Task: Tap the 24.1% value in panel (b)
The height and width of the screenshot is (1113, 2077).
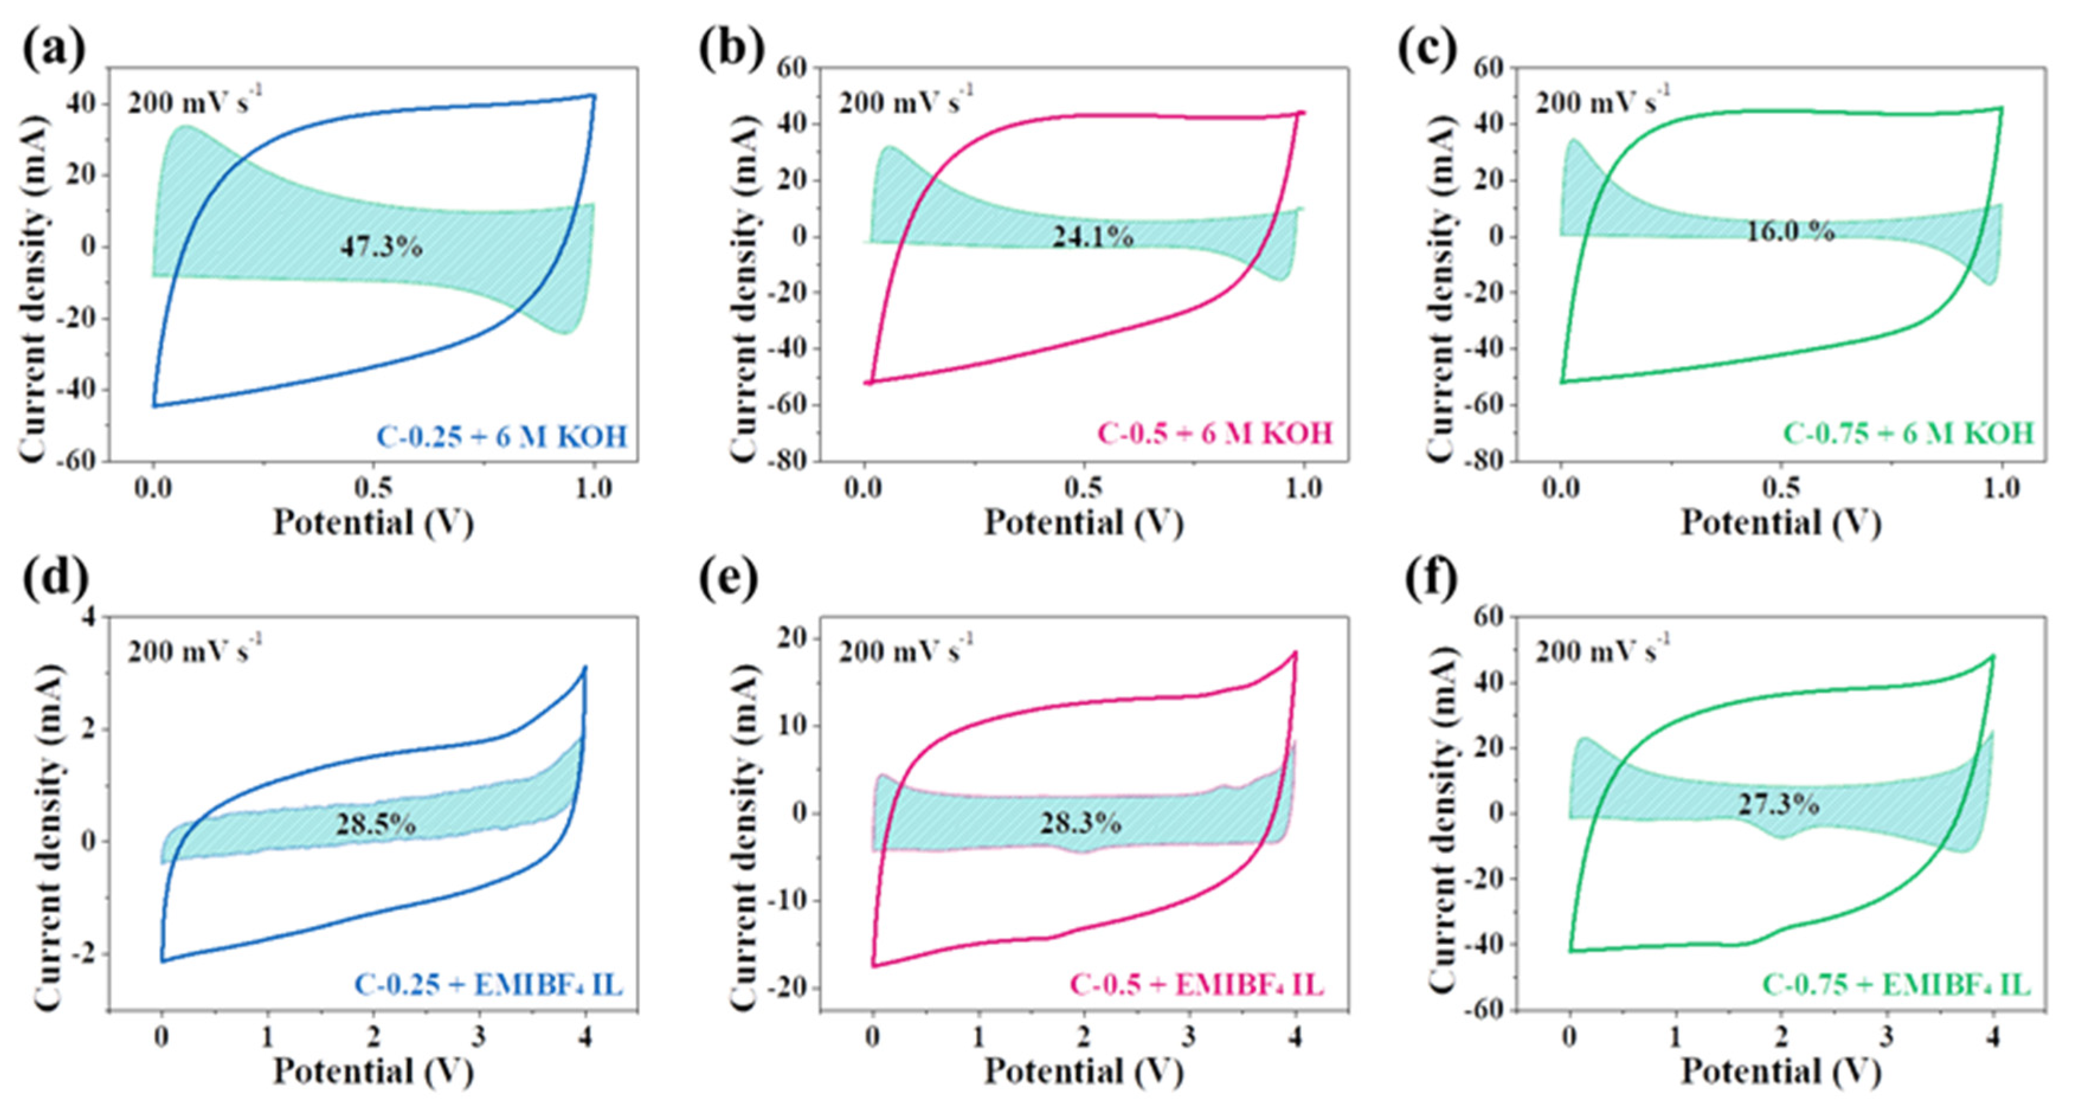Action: (1093, 236)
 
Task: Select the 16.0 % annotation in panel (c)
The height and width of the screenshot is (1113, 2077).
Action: (1790, 231)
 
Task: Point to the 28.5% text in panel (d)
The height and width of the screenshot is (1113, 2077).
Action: (376, 824)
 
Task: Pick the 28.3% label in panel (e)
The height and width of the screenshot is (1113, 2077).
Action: (1080, 823)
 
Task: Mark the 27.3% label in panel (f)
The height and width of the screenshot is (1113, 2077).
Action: (1779, 804)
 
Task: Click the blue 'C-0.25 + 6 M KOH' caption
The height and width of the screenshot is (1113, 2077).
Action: (501, 437)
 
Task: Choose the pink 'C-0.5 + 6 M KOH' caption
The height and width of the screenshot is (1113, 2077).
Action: (1215, 434)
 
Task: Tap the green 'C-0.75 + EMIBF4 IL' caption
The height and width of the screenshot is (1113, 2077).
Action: (1896, 985)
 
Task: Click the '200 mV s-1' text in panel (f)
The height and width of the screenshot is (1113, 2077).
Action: (1601, 650)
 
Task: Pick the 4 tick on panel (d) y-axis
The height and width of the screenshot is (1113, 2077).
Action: (87, 617)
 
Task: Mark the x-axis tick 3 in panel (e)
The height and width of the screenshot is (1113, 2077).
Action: (1189, 1037)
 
